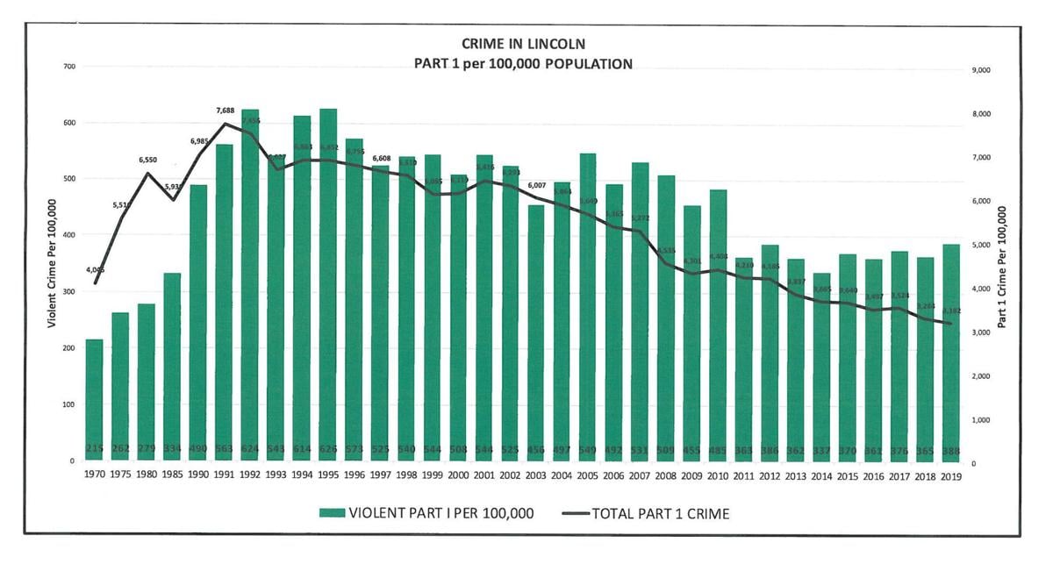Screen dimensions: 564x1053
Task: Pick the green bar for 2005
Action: [x=588, y=307]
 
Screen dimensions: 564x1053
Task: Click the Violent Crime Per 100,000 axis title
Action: [x=51, y=263]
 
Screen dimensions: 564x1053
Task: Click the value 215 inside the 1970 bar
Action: [x=94, y=450]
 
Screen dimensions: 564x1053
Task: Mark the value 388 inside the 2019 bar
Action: [x=951, y=450]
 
